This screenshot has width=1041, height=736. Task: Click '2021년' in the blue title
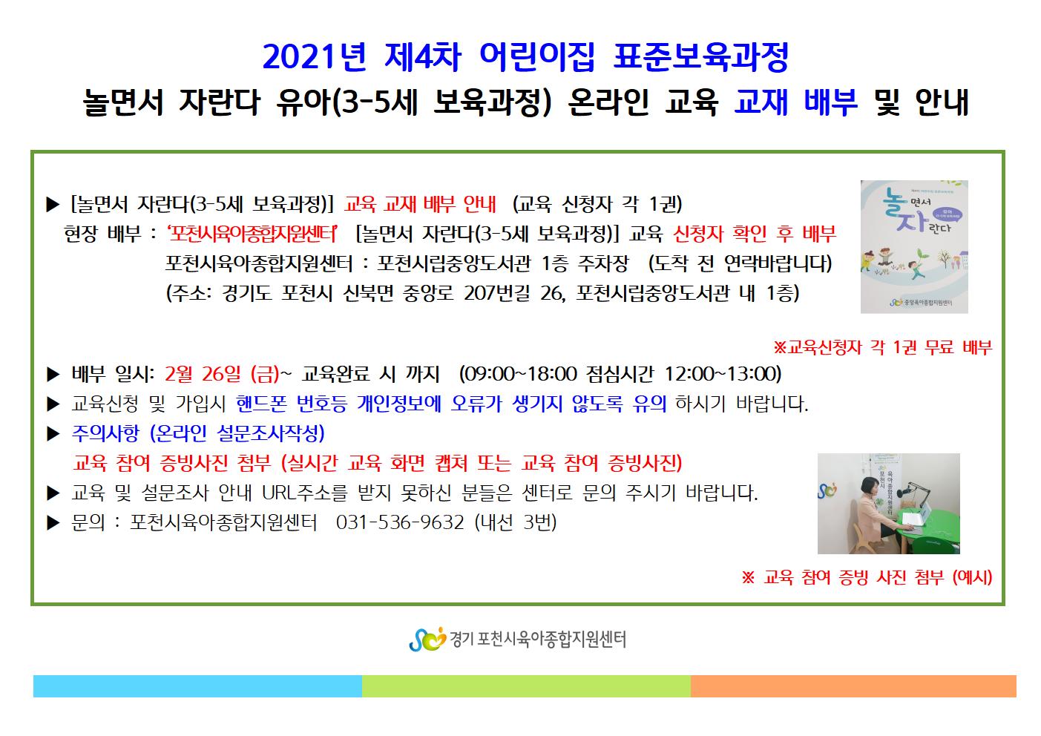(315, 57)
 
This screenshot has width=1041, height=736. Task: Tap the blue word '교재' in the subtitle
(761, 102)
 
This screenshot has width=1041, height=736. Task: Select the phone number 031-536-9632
(400, 523)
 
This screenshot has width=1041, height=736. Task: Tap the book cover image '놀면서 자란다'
(914, 247)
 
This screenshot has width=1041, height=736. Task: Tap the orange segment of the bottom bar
(853, 686)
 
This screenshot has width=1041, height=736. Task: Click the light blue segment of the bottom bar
(197, 686)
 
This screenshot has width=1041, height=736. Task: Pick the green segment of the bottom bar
(526, 686)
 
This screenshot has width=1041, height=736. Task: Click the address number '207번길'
(496, 293)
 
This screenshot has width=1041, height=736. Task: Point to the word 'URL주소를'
(304, 493)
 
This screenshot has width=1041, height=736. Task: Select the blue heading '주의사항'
(105, 433)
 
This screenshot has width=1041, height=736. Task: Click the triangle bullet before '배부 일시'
(53, 375)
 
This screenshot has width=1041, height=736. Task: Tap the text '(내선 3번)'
(516, 523)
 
